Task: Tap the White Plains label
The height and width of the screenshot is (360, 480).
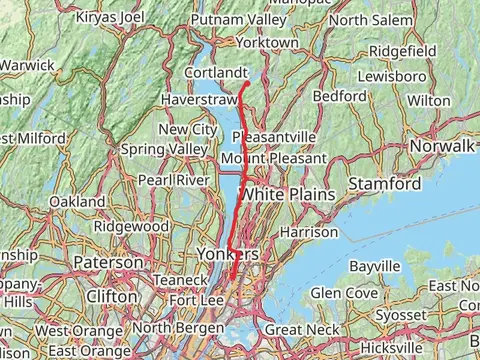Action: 287,194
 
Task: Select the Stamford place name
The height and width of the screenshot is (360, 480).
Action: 385,184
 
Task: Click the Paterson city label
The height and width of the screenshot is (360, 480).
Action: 108,262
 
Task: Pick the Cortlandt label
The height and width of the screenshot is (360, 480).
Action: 217,74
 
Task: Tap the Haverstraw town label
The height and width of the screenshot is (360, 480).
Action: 198,100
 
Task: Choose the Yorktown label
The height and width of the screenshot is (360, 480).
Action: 267,43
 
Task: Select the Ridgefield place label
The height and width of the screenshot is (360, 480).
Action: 402,50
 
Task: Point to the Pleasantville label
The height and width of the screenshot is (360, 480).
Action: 274,136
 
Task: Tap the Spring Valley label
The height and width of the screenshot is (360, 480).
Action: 164,149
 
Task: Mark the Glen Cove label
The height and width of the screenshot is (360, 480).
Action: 343,293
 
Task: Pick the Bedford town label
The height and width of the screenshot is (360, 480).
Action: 339,96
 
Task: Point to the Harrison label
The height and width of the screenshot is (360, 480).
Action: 309,231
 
